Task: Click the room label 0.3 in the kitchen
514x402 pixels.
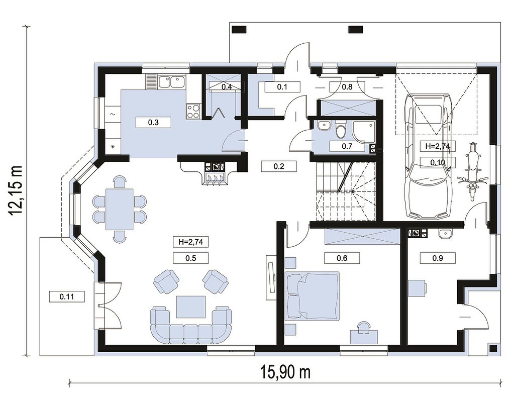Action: [153, 123]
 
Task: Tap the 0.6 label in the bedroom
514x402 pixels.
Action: [342, 258]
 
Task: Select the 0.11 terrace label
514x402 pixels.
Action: [67, 297]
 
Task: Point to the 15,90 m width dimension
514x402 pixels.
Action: [285, 372]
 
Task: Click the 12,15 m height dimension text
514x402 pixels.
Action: [16, 190]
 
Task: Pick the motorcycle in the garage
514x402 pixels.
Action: [472, 171]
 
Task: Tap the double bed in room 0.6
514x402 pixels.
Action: [312, 295]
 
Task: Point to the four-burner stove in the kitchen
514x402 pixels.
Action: [193, 111]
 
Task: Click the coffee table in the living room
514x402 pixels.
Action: [191, 307]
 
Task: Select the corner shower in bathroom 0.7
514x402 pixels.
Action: [364, 132]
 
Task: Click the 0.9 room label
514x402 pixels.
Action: [438, 258]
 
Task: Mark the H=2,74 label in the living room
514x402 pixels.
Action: [191, 242]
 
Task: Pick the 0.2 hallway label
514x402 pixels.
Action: [279, 166]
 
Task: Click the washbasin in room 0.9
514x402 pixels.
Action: [445, 233]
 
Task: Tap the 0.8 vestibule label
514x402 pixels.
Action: [347, 87]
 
